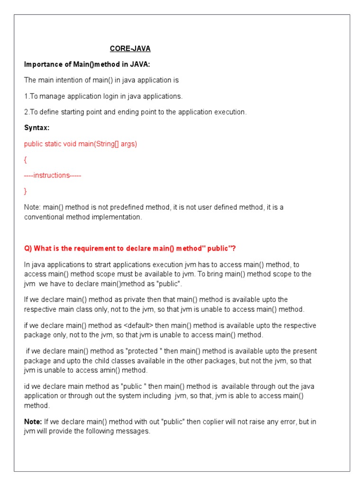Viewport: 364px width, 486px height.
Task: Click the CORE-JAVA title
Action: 130,48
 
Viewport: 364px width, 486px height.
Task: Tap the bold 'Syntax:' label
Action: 37,128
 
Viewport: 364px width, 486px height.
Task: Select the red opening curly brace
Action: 26,159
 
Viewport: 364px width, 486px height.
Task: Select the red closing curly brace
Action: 26,191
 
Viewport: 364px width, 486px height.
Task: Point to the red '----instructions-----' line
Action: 53,175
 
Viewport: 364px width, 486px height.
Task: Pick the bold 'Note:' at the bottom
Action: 33,422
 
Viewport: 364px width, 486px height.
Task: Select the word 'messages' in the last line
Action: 135,431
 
